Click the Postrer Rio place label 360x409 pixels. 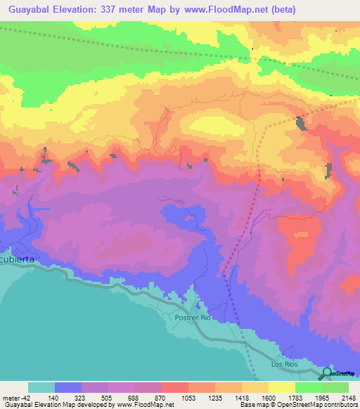[193, 318]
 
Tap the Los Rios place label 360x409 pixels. [285, 365]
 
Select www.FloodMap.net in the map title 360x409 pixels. [224, 10]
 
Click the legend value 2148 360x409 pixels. [347, 397]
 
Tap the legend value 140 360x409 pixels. [53, 397]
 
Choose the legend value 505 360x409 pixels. [107, 397]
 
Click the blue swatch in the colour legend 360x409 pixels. [68, 387]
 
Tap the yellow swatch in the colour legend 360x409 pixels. [281, 387]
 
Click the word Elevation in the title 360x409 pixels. [77, 10]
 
